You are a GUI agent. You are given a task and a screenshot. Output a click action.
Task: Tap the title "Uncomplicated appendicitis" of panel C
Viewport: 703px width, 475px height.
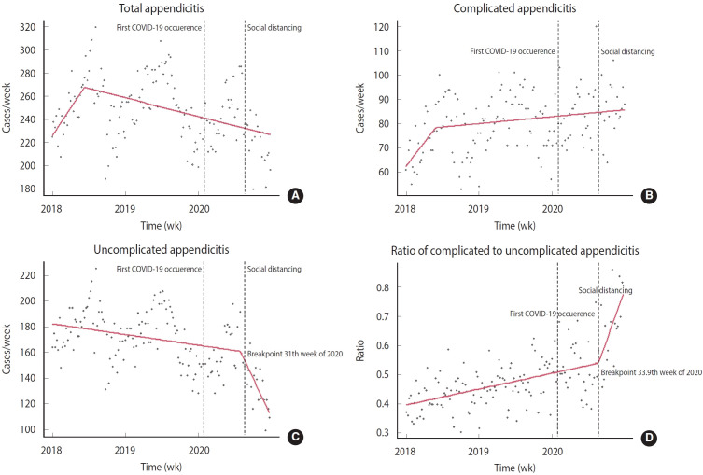click(x=167, y=247)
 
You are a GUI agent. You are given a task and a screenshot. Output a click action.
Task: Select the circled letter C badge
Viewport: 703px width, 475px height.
click(x=296, y=437)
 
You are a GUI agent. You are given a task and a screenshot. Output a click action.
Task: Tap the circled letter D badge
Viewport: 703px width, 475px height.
click(x=650, y=437)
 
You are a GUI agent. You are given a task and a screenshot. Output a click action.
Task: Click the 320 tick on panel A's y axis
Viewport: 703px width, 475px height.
click(x=31, y=27)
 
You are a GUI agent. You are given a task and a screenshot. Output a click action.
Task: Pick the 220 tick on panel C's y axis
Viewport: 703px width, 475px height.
click(x=31, y=276)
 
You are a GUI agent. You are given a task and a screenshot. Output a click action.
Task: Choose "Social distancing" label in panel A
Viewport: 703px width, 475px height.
click(x=274, y=28)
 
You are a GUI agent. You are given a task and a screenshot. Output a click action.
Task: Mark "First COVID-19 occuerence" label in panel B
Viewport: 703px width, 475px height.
click(x=513, y=50)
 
